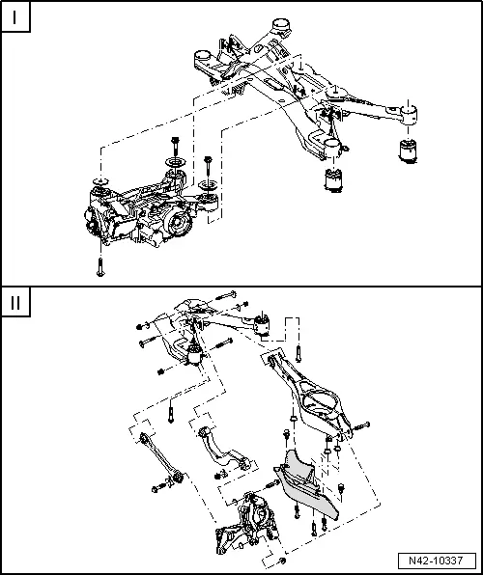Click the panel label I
pos(15,18)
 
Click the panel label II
pos(15,302)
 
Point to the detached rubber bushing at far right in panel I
pos(409,151)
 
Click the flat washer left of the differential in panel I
pos(99,181)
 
